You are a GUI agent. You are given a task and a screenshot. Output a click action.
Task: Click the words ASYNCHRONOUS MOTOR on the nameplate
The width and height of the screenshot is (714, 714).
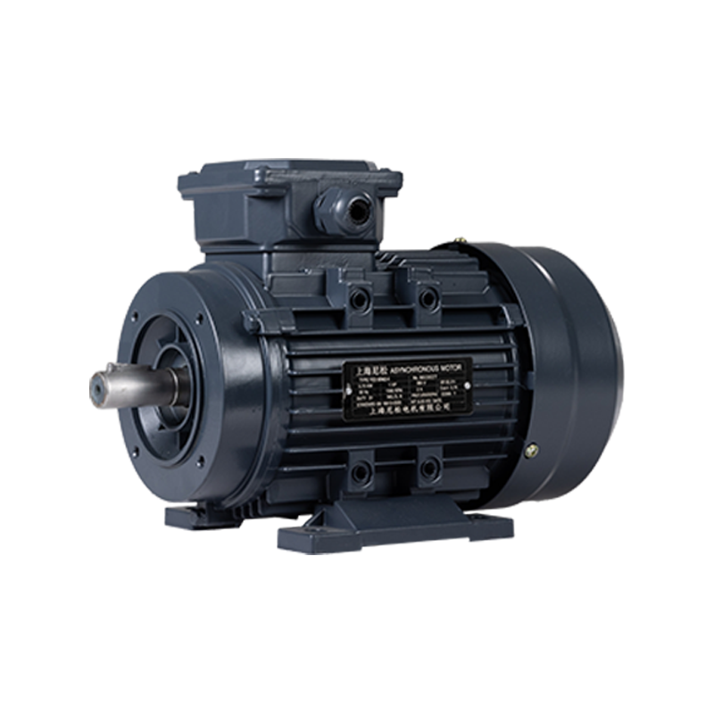(419, 367)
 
